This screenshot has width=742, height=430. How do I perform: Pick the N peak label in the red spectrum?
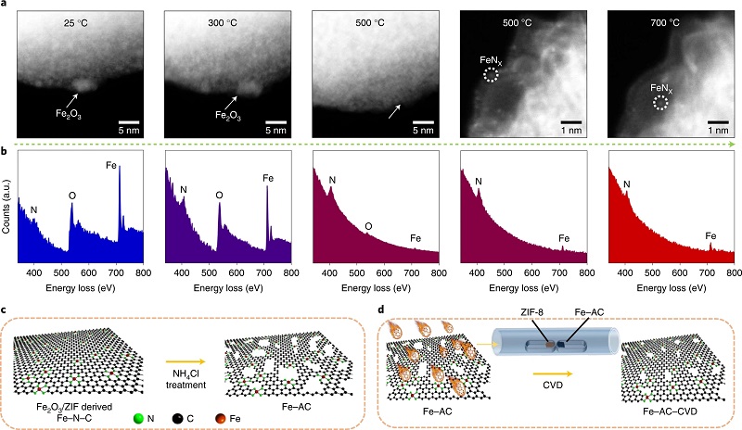pyautogui.click(x=627, y=185)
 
